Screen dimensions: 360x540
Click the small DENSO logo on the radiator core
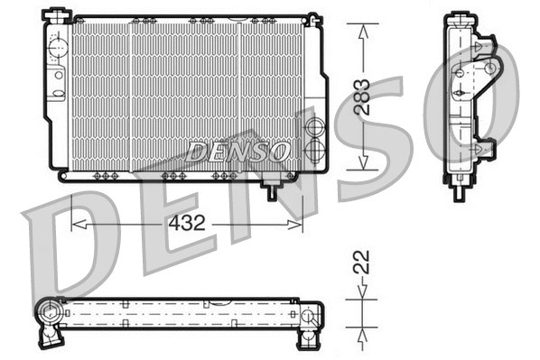[x=239, y=151]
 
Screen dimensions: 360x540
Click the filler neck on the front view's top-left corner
[x=59, y=14]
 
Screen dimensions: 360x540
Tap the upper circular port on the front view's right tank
[x=314, y=126]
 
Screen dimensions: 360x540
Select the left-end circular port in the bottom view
[x=47, y=315]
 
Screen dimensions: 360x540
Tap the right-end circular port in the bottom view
[x=307, y=316]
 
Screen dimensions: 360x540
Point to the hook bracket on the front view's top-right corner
[x=313, y=18]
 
